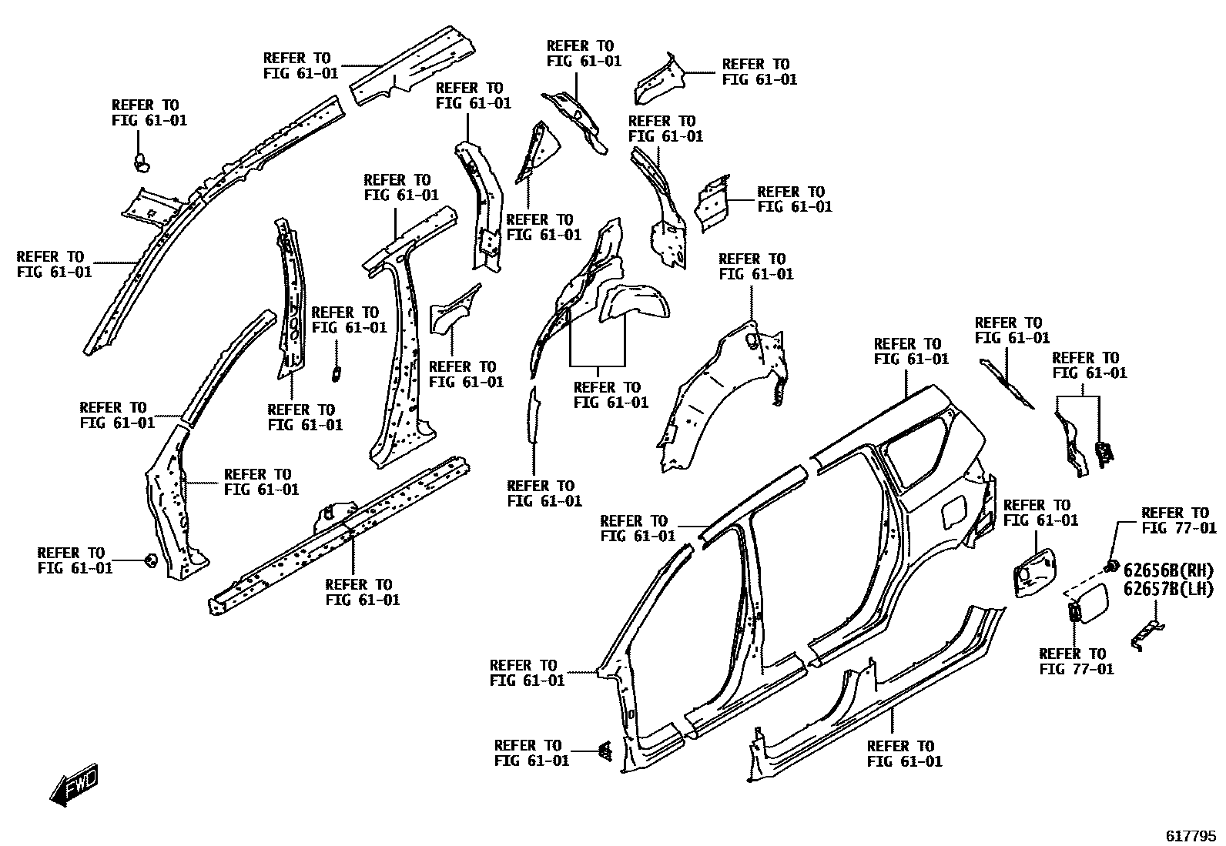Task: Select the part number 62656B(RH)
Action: pyautogui.click(x=1167, y=571)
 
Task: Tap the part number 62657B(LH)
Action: pyautogui.click(x=1167, y=589)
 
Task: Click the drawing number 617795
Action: pyautogui.click(x=1191, y=835)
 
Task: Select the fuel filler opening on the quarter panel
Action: pyautogui.click(x=953, y=510)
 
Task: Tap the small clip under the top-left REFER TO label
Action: pyautogui.click(x=142, y=162)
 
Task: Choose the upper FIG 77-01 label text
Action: pyautogui.click(x=1178, y=528)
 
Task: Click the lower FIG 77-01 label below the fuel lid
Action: pyautogui.click(x=1076, y=669)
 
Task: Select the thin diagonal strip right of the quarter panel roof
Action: pyautogui.click(x=1007, y=382)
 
